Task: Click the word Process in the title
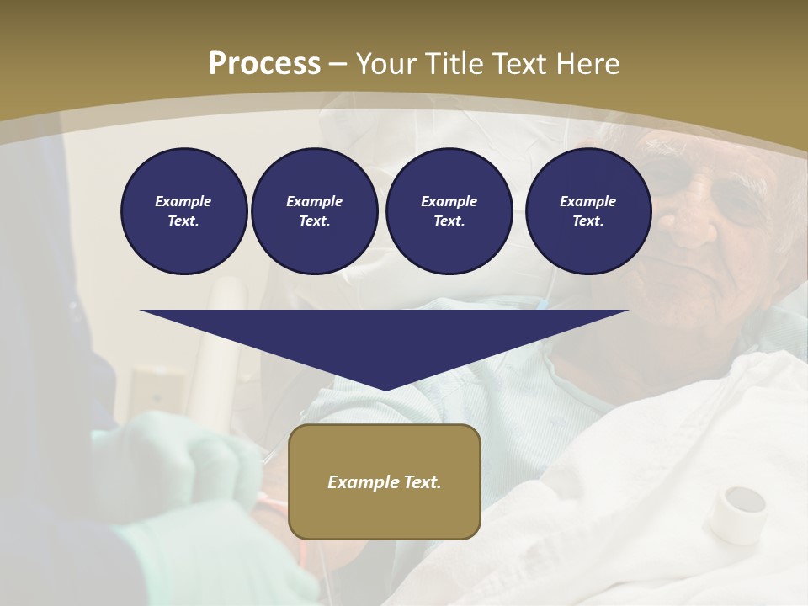click(x=264, y=64)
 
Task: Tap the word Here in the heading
click(x=588, y=64)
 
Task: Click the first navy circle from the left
click(x=183, y=211)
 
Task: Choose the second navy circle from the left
click(x=314, y=211)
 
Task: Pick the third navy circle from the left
click(x=449, y=211)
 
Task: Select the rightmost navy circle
click(x=587, y=211)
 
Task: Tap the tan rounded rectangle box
click(x=385, y=481)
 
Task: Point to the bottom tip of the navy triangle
click(x=385, y=389)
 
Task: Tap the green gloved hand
click(x=202, y=459)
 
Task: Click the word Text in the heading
click(x=522, y=64)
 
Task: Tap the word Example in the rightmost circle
click(x=587, y=201)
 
